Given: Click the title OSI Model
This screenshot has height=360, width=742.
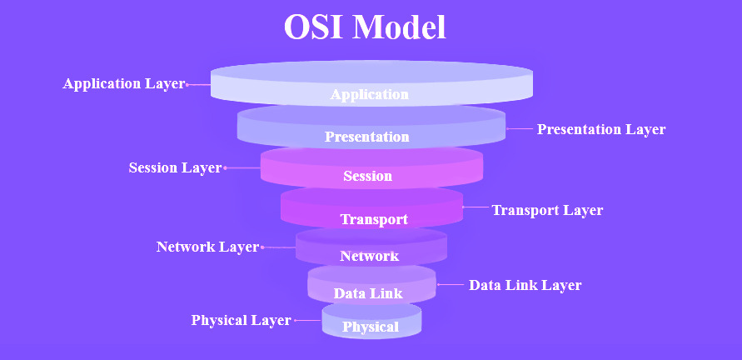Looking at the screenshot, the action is [x=365, y=27].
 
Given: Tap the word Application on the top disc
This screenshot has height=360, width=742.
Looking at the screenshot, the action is [x=369, y=94].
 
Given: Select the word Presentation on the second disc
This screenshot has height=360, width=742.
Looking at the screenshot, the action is [x=366, y=137].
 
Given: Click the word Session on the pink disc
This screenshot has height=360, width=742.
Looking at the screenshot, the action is [x=368, y=176].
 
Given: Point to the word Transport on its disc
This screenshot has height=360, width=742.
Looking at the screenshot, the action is [x=374, y=219].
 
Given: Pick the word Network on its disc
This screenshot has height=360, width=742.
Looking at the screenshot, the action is [x=369, y=257].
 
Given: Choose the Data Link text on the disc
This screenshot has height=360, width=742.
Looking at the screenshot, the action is [x=368, y=293].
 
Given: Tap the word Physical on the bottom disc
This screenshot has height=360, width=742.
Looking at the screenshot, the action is [x=371, y=327].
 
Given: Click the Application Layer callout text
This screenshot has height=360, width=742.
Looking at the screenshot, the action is [x=123, y=84].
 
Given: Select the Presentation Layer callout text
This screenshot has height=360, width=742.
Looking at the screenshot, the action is [x=601, y=129].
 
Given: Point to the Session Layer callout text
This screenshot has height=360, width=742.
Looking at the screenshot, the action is [x=175, y=167].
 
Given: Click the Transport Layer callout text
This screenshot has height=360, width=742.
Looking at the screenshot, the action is [x=547, y=210].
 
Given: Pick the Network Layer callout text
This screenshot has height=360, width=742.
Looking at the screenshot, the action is [x=207, y=247].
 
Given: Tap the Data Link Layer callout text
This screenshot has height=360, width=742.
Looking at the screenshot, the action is [x=525, y=285].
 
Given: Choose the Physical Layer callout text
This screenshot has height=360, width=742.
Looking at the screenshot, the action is [x=241, y=320].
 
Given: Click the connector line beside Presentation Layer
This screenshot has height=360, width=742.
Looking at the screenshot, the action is [x=519, y=128].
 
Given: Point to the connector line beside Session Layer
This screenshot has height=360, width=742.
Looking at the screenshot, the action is [x=242, y=167].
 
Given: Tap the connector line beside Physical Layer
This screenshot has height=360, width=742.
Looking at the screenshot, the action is [x=308, y=320].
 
